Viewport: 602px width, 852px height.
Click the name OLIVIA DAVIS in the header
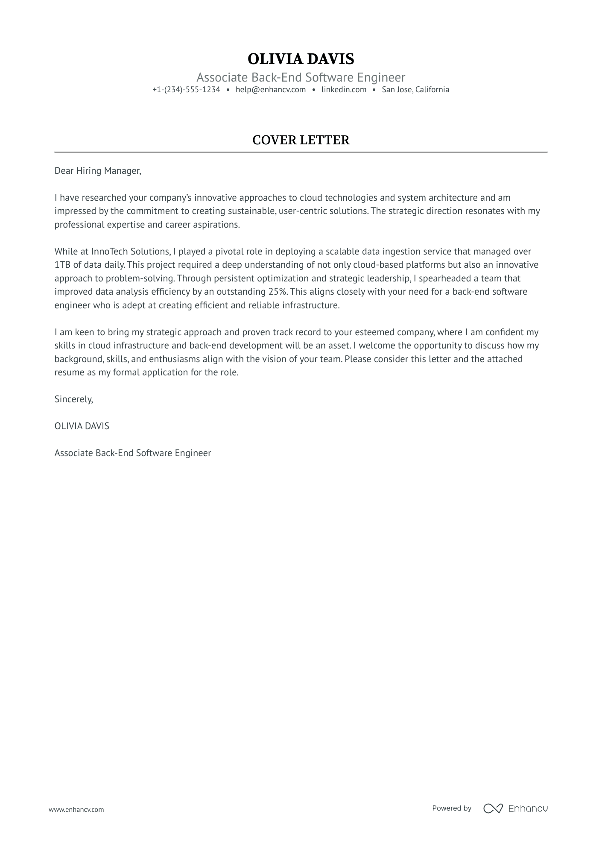[301, 59]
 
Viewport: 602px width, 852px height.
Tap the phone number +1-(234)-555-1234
[186, 90]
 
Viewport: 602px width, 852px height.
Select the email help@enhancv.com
[271, 90]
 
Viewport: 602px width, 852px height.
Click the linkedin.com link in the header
[344, 90]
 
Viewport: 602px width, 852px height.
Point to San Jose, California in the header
[415, 90]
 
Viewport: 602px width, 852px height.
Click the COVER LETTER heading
[301, 140]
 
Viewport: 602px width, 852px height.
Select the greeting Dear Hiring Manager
[97, 171]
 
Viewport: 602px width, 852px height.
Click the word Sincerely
[73, 399]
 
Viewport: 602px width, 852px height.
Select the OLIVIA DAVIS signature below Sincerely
[82, 426]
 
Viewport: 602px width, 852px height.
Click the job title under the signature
[133, 453]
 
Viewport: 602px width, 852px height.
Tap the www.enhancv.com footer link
[76, 809]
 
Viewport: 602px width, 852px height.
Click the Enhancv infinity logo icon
[493, 808]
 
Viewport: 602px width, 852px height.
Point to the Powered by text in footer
[452, 808]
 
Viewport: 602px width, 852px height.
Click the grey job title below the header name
[301, 77]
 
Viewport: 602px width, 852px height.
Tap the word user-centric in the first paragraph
[302, 211]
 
